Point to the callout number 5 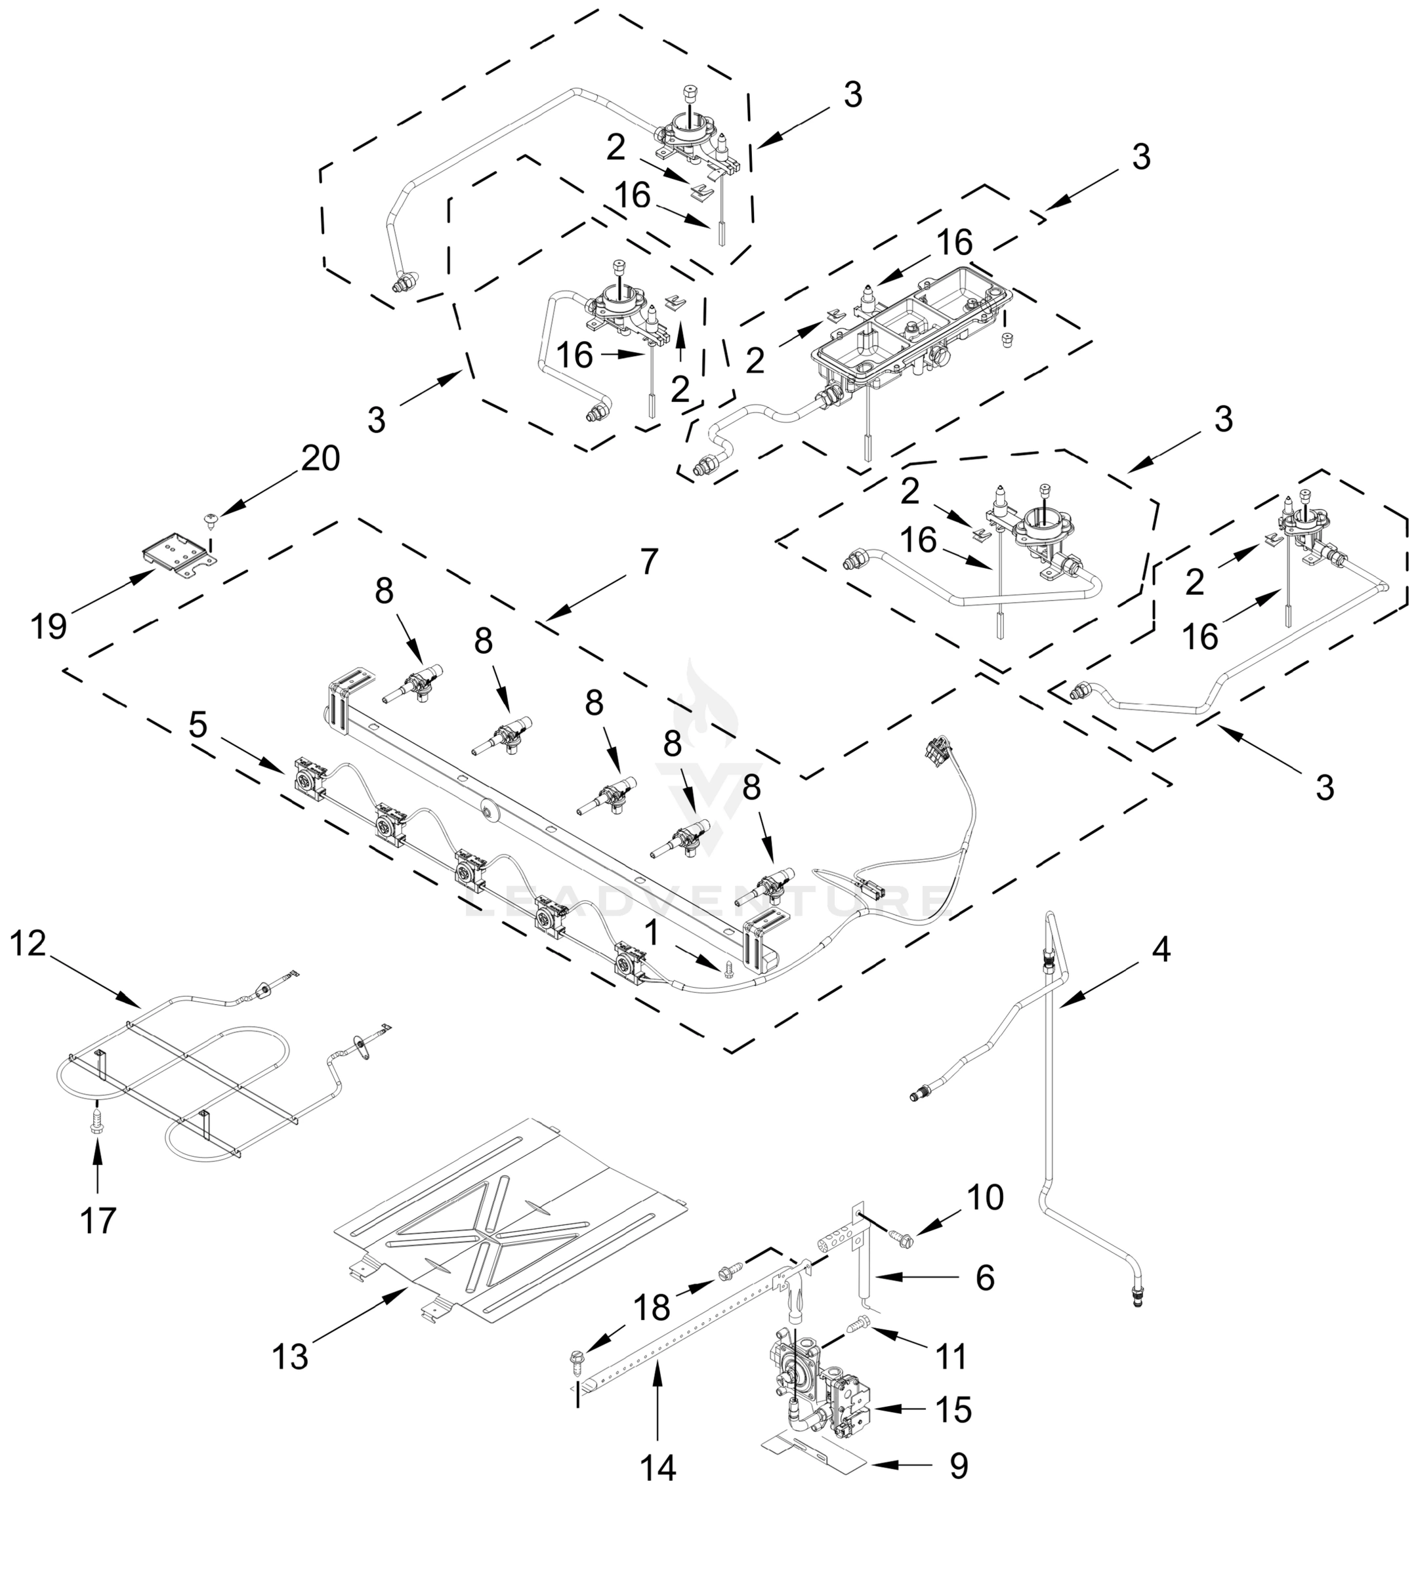click(199, 725)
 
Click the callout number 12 click(29, 944)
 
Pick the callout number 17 click(97, 1221)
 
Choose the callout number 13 click(291, 1357)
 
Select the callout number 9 click(959, 1466)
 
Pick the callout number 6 click(986, 1278)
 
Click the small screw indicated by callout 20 click(211, 517)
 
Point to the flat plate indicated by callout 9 click(814, 1455)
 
